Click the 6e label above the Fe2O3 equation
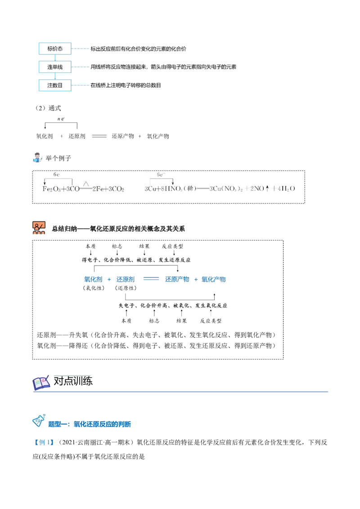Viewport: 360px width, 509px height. pyautogui.click(x=57, y=174)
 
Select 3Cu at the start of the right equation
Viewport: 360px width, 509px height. pyautogui.click(x=151, y=189)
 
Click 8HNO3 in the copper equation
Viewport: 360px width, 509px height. pyautogui.click(x=170, y=189)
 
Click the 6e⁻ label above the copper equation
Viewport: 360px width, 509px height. pyautogui.click(x=160, y=174)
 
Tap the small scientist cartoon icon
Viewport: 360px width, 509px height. pyautogui.click(x=37, y=157)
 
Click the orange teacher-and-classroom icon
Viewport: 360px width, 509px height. pyautogui.click(x=39, y=228)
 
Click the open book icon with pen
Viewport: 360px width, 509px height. pyautogui.click(x=41, y=383)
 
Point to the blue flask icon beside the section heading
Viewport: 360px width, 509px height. pyautogui.click(x=39, y=421)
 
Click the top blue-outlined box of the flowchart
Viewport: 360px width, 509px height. pyautogui.click(x=54, y=49)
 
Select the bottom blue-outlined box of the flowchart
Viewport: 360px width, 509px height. pyautogui.click(x=54, y=86)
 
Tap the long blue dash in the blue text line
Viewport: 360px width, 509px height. pyautogui.click(x=151, y=280)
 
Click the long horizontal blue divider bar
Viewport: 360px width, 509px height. pyautogui.click(x=182, y=392)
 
